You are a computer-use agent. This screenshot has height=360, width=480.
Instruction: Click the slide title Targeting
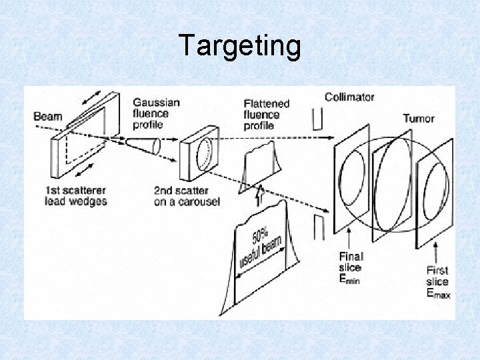tap(240, 46)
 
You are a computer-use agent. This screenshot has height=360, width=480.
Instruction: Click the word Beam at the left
tap(47, 117)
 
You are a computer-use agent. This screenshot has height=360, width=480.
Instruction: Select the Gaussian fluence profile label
tap(156, 113)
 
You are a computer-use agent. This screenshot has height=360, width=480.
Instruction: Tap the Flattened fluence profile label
tap(267, 114)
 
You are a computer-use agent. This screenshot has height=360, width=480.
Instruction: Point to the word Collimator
tap(349, 97)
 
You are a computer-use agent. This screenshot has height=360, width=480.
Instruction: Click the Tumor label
tap(418, 119)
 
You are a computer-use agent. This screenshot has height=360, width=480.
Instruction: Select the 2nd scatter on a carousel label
tap(187, 195)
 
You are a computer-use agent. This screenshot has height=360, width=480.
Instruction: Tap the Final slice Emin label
tap(351, 267)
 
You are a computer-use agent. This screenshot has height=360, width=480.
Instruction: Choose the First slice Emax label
tap(438, 281)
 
